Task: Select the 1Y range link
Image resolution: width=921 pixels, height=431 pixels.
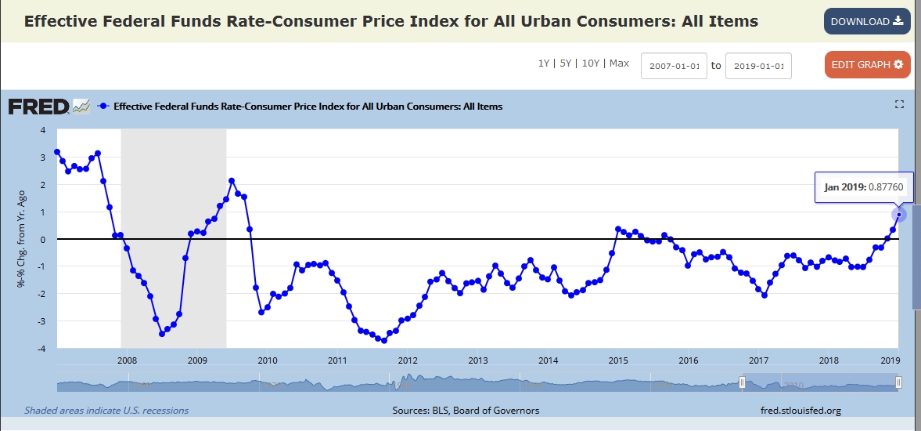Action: point(544,63)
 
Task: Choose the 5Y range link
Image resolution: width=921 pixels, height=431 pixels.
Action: point(566,63)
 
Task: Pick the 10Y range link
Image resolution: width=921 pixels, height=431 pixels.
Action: point(592,63)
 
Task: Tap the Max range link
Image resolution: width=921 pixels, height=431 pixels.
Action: point(619,63)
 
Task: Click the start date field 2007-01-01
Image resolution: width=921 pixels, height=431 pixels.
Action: point(674,66)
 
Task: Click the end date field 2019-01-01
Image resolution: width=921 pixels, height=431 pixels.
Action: point(758,66)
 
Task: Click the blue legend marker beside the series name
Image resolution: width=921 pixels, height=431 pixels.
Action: point(103,106)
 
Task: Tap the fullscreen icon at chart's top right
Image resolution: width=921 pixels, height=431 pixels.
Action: point(899,104)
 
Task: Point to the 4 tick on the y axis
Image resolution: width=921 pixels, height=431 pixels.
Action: point(43,130)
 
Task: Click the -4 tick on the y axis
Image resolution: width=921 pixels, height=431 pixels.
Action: point(43,349)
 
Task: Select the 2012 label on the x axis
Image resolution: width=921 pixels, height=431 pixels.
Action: point(408,360)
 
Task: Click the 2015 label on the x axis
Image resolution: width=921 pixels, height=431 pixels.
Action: point(618,360)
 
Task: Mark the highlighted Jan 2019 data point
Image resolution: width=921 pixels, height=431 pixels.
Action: point(899,215)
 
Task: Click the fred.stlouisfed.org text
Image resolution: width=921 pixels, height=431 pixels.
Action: point(800,410)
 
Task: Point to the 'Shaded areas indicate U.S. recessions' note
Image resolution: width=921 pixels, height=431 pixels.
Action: point(106,410)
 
